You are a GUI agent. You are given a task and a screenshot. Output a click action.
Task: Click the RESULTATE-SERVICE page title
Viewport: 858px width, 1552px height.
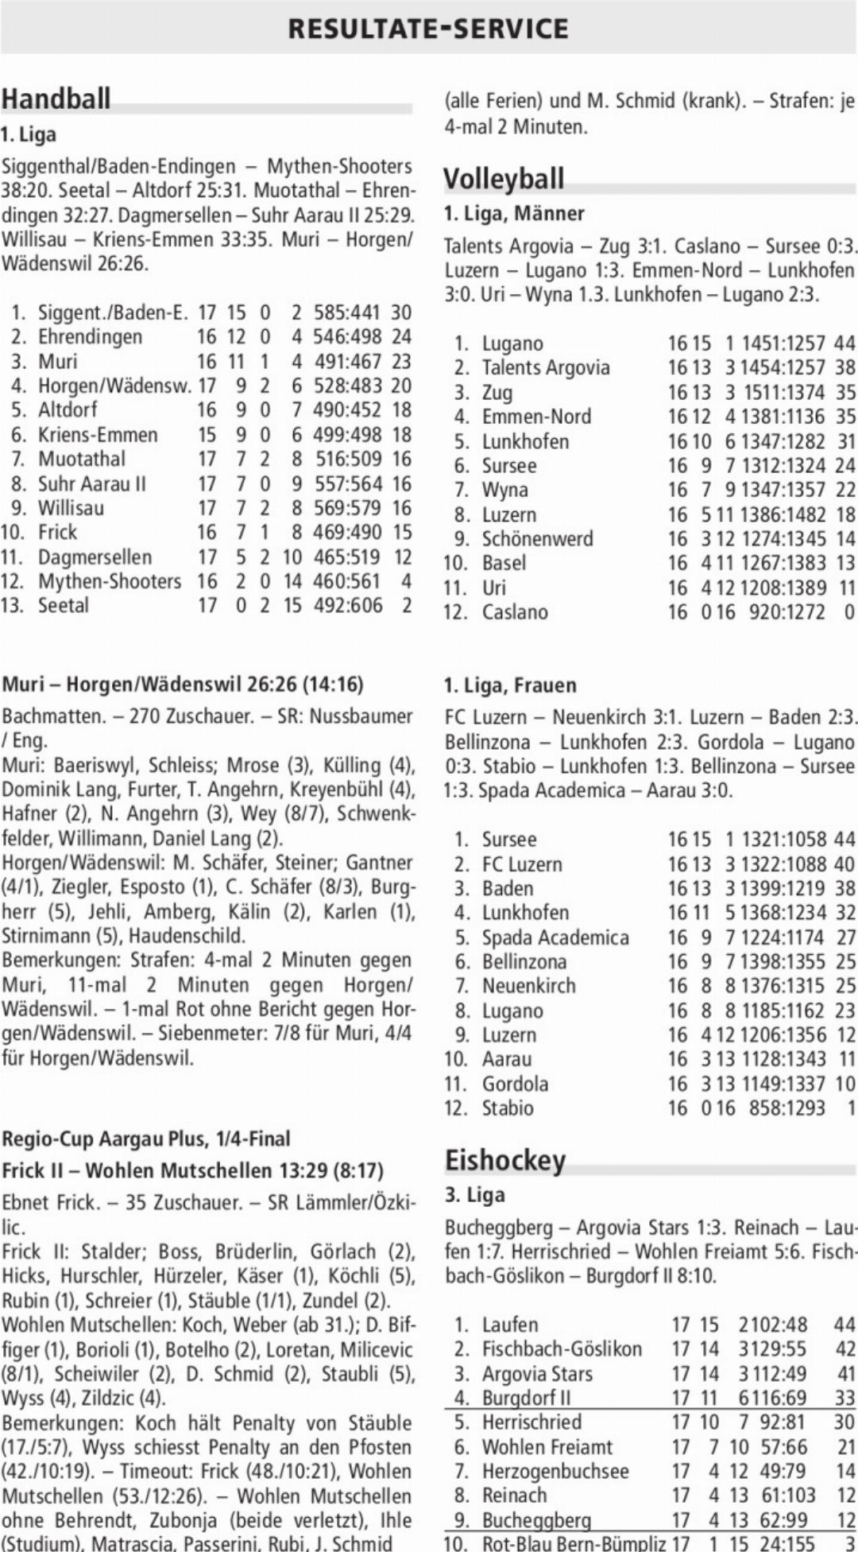tap(428, 29)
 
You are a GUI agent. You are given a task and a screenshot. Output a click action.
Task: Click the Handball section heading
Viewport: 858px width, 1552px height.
tap(56, 99)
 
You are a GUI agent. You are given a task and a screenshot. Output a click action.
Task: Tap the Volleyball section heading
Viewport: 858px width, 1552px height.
tap(504, 178)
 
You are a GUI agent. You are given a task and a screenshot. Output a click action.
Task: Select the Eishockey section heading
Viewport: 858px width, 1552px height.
tap(504, 1160)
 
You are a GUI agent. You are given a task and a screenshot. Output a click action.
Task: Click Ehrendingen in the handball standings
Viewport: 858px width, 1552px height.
tap(90, 336)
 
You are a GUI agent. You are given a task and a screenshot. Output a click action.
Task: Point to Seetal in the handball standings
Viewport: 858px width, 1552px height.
tap(64, 605)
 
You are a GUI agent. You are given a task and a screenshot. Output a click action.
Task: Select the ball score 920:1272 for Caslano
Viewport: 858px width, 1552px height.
tap(786, 612)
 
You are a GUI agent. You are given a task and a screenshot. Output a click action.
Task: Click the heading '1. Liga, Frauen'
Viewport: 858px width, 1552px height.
tap(510, 685)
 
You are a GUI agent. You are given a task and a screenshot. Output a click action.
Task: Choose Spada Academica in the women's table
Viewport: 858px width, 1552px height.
tap(555, 937)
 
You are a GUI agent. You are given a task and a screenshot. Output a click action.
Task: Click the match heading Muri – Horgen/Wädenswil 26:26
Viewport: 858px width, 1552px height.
tap(183, 685)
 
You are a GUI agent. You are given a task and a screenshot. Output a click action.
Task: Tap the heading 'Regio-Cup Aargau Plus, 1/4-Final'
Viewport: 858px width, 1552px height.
tap(145, 1139)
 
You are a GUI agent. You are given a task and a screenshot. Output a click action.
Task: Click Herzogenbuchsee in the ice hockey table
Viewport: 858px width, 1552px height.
tap(555, 1471)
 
